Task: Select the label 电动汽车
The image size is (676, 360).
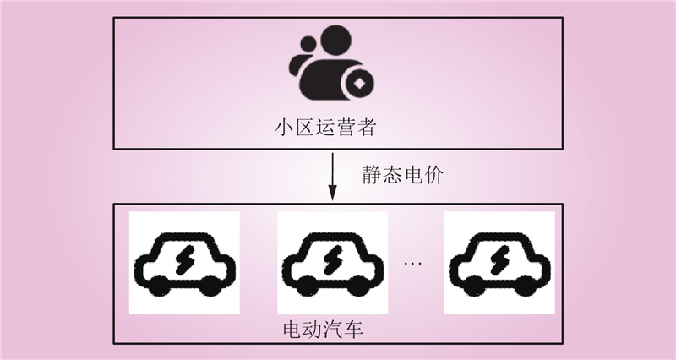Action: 322,327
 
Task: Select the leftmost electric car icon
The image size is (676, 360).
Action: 183,264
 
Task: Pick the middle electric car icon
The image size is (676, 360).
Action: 333,264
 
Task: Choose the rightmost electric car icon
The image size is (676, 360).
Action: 499,264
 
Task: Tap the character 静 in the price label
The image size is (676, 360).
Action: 371,177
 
